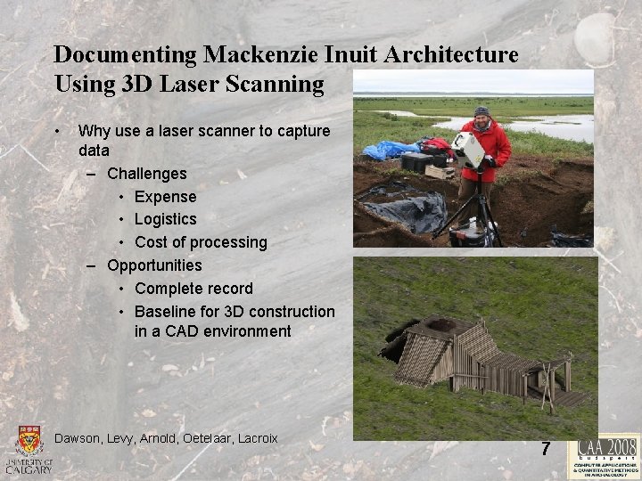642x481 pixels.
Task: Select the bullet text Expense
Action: click(x=165, y=196)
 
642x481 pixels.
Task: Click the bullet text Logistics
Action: click(x=165, y=219)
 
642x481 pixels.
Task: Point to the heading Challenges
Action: click(x=146, y=174)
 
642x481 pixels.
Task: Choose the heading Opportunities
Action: click(x=154, y=265)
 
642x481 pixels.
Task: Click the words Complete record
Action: click(x=193, y=289)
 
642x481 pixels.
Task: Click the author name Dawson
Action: click(x=78, y=438)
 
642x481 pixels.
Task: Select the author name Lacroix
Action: click(x=255, y=438)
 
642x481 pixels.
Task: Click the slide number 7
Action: click(x=546, y=449)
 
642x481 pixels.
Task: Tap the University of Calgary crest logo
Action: click(x=29, y=443)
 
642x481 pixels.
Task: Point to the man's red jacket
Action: click(x=493, y=147)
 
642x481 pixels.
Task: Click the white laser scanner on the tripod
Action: click(x=467, y=149)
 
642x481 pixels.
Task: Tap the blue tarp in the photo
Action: click(x=387, y=150)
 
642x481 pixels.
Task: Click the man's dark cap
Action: click(x=481, y=111)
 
